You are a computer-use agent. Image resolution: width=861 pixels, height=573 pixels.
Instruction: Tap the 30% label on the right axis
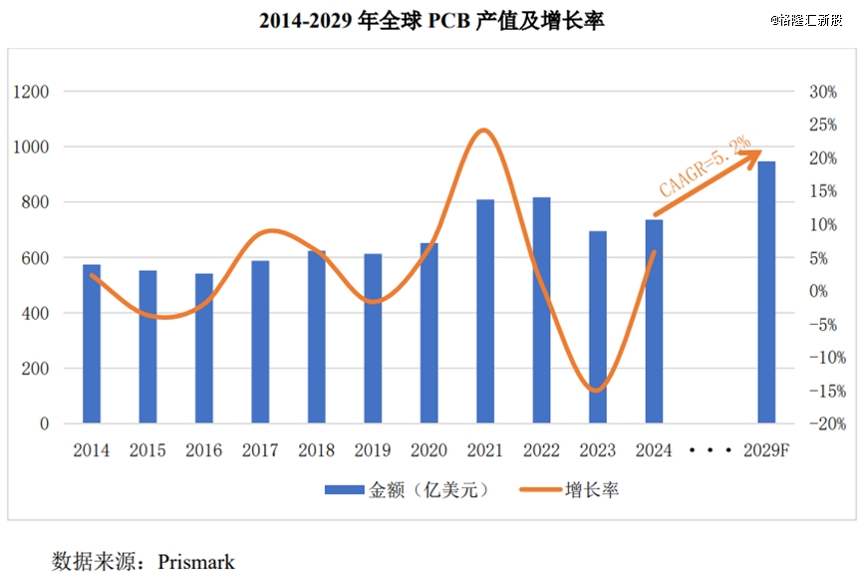pos(823,92)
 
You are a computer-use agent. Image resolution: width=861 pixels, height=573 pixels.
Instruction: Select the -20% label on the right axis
pos(826,425)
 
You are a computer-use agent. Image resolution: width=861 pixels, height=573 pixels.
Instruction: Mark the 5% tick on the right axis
pos(823,258)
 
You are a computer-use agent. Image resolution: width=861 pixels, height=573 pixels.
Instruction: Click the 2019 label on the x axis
pos(373,450)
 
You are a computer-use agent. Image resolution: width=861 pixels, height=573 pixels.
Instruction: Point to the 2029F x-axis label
pos(766,450)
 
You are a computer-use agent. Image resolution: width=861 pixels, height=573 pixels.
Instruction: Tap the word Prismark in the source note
pos(196,562)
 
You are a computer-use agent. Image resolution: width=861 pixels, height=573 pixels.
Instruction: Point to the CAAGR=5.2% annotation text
pos(704,168)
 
